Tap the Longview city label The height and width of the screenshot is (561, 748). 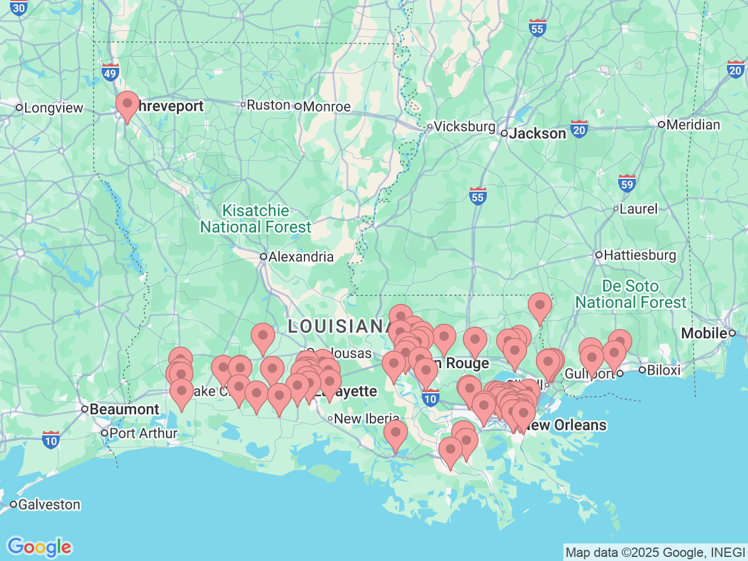(53, 108)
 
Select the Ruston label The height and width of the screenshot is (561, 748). (268, 105)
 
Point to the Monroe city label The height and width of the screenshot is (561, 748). (326, 106)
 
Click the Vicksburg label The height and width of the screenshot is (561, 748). (464, 126)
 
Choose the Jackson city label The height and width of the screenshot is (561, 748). (537, 133)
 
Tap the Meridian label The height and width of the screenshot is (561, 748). (692, 124)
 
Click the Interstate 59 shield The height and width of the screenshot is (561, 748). (627, 184)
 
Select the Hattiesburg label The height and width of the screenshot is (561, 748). (639, 255)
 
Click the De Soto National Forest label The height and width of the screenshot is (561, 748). (631, 294)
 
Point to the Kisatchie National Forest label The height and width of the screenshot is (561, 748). (256, 219)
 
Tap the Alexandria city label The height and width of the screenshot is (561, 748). (300, 257)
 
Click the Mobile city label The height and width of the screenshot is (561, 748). (704, 333)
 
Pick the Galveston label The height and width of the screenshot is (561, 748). (49, 504)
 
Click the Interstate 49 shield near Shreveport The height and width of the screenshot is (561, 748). (110, 72)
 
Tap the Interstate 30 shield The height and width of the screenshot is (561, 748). (19, 8)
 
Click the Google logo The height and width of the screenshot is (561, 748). (39, 547)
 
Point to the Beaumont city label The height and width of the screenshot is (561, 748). (124, 409)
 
